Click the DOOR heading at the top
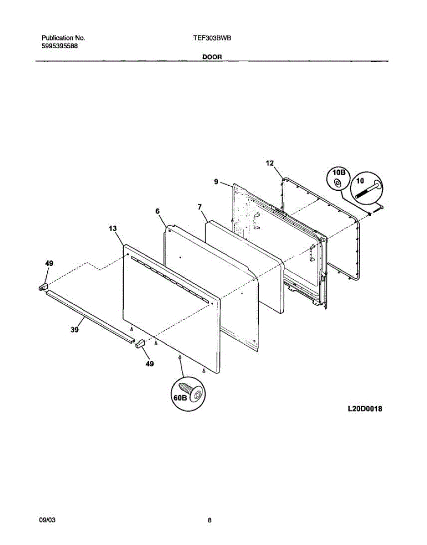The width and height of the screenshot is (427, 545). click(212, 57)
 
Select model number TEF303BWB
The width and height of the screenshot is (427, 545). click(212, 39)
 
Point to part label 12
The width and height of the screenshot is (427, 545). click(270, 163)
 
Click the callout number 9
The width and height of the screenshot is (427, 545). click(216, 182)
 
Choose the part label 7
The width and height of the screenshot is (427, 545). click(200, 207)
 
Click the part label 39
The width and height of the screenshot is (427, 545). click(75, 330)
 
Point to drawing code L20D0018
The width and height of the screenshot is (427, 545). click(365, 409)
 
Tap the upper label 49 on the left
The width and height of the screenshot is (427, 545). click(49, 263)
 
